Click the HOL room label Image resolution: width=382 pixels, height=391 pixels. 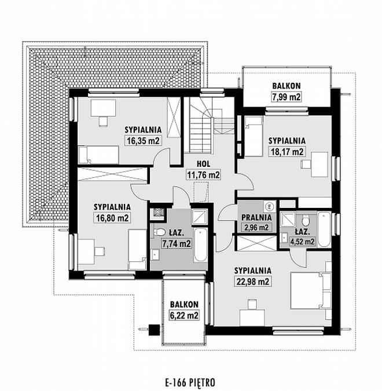click(x=203, y=164)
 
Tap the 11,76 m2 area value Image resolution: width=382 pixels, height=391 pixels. click(x=204, y=175)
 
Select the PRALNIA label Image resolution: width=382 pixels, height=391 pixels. click(x=256, y=217)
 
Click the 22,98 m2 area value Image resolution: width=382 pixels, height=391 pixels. click(x=253, y=282)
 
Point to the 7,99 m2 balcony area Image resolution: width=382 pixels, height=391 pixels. click(x=286, y=97)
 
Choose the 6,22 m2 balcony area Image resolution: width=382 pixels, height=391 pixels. click(x=184, y=316)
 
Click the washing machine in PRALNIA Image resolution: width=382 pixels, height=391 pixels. click(x=269, y=206)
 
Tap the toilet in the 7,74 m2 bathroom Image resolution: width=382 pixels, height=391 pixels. click(x=159, y=232)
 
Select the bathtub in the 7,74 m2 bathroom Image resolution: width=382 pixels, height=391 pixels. click(x=200, y=244)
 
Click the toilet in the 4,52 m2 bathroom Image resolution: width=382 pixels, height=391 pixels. click(x=305, y=220)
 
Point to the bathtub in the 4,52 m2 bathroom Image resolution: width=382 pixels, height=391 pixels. click(x=325, y=229)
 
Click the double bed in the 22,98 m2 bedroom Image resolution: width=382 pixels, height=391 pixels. click(x=311, y=291)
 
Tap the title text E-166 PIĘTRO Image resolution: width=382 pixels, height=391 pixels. click(x=190, y=382)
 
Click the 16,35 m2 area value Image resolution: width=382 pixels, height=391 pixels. click(x=143, y=141)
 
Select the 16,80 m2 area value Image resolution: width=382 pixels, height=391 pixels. click(x=112, y=218)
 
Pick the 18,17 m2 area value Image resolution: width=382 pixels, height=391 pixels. click(x=287, y=152)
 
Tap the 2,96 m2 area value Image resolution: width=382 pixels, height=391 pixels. click(x=256, y=227)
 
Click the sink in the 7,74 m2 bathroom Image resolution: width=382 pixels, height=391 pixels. click(x=156, y=255)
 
